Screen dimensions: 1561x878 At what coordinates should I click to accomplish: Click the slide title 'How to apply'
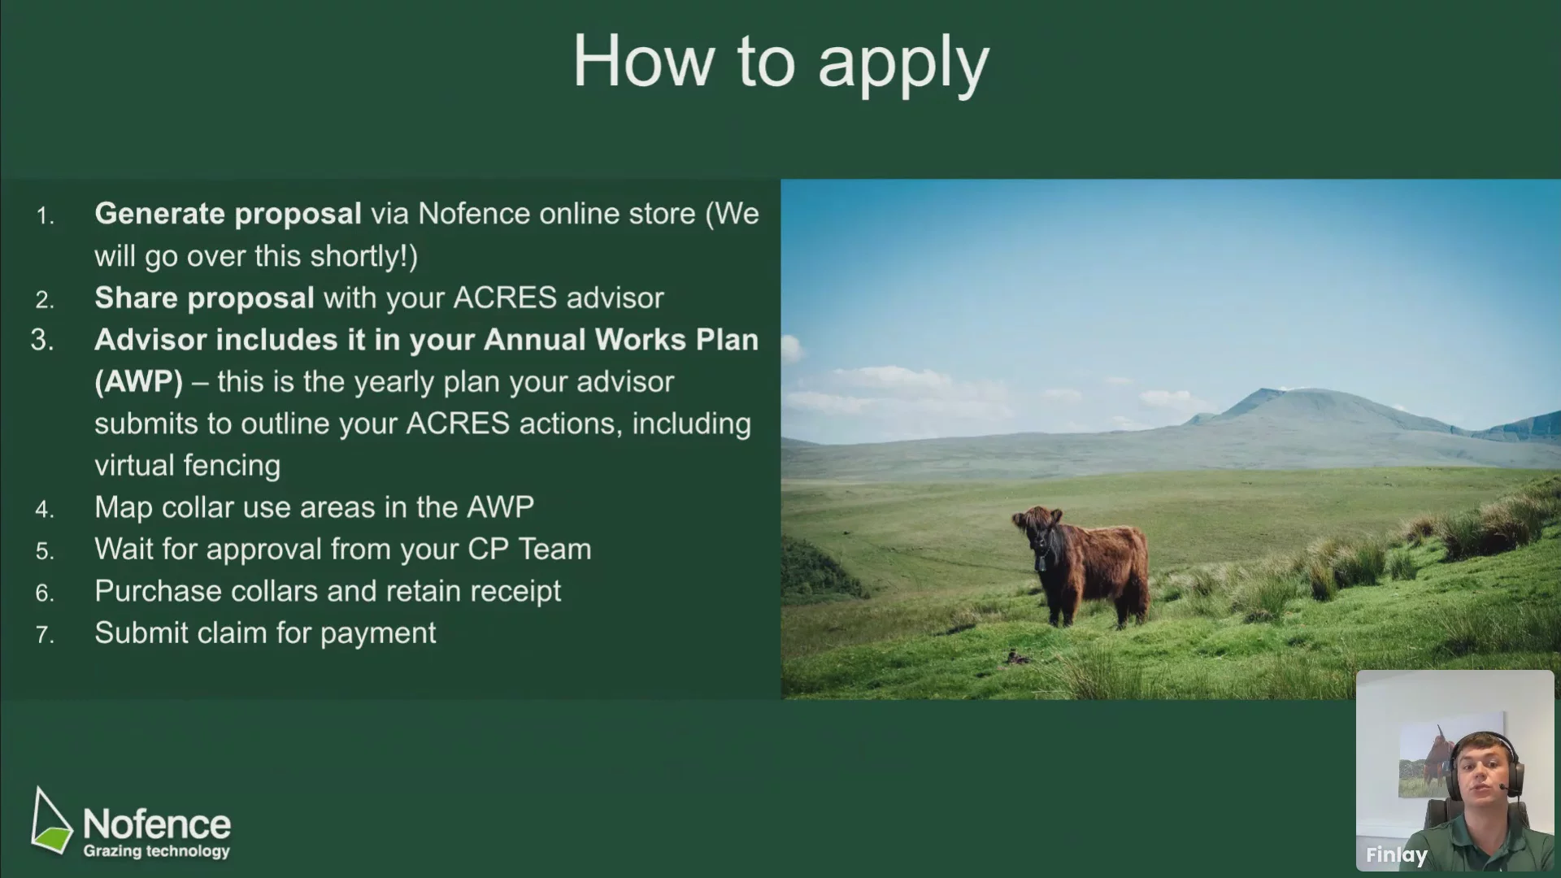pyautogui.click(x=780, y=63)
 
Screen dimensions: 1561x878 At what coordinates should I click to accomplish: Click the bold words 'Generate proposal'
pyautogui.click(x=228, y=214)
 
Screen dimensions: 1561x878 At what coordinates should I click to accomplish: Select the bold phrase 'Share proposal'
pyautogui.click(x=204, y=298)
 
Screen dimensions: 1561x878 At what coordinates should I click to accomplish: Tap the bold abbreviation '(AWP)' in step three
pyautogui.click(x=138, y=382)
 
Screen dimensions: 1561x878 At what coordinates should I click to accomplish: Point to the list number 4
pyautogui.click(x=45, y=510)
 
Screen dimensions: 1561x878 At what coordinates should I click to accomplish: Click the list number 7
pyautogui.click(x=45, y=635)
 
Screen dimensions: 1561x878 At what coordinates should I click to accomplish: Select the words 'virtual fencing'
pyautogui.click(x=187, y=466)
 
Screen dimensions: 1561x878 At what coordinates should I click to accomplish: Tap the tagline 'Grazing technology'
pyautogui.click(x=157, y=852)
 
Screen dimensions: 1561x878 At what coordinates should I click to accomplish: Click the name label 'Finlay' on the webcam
pyautogui.click(x=1396, y=855)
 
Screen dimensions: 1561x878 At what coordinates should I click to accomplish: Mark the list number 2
pyautogui.click(x=45, y=301)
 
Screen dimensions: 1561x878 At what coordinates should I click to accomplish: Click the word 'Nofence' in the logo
pyautogui.click(x=157, y=824)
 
